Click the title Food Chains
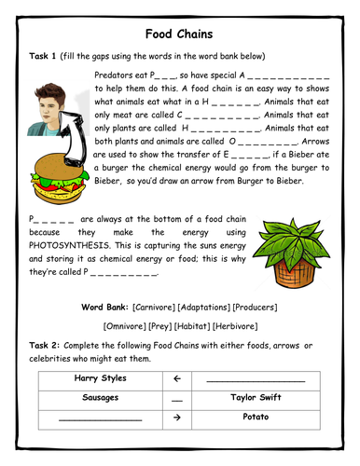coord(180,34)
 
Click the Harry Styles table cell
coord(99,379)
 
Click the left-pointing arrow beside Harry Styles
coord(177,379)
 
